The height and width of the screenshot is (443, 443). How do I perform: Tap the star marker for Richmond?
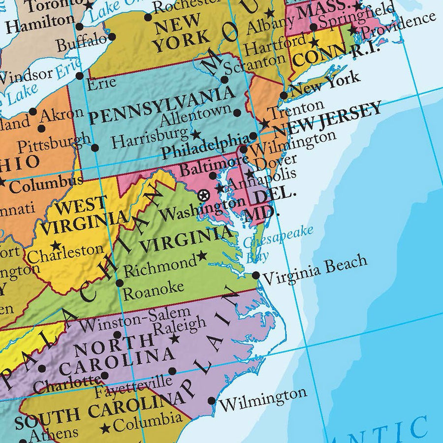[202, 256]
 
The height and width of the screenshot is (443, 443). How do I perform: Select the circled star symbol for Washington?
[202, 196]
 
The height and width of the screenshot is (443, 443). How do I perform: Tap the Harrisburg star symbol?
[195, 134]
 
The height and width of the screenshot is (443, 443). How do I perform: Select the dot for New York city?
[284, 95]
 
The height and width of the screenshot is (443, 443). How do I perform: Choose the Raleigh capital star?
[174, 339]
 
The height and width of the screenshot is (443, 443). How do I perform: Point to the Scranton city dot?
[224, 79]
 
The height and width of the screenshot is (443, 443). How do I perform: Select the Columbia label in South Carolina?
[148, 422]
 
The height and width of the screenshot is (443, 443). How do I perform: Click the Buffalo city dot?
[112, 36]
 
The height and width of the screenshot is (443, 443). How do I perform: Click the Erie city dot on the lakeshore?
[79, 76]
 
